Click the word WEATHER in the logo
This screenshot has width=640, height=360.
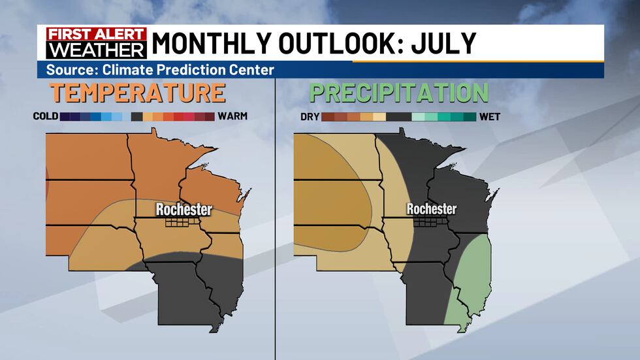coord(92,50)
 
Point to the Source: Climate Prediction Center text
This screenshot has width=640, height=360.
coord(159,70)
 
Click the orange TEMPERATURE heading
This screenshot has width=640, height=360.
coord(138,93)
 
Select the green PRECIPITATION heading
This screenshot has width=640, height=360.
coord(398,93)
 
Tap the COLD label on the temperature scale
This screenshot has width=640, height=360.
coord(46,117)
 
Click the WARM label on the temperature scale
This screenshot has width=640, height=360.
coord(232,117)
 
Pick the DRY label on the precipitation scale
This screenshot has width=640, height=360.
coord(310,117)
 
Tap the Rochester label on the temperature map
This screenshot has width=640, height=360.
coord(184,210)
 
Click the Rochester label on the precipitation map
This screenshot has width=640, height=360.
coord(431,210)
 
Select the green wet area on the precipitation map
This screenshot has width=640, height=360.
coord(473,274)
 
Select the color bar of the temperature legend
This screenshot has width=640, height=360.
coord(137,117)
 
